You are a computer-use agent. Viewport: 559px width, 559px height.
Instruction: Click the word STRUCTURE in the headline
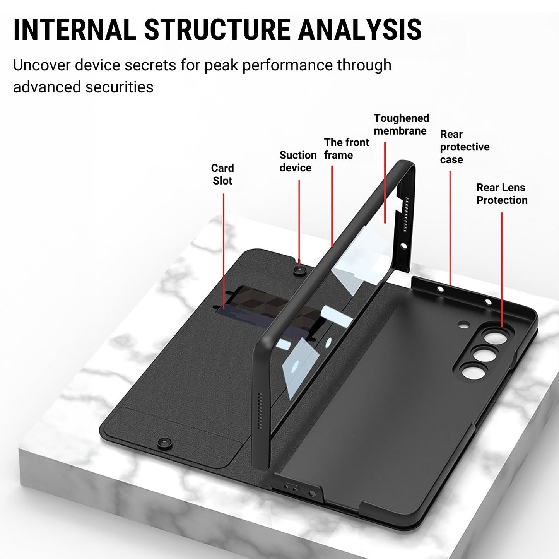click(217, 29)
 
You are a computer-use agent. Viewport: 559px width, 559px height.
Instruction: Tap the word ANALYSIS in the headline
click(359, 29)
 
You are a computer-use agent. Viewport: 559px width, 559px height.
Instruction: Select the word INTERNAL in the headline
click(74, 29)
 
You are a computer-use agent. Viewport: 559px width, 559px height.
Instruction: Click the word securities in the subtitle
click(119, 87)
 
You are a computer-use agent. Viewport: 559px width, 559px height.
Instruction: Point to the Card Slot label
click(222, 174)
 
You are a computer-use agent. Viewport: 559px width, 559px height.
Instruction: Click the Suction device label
click(298, 162)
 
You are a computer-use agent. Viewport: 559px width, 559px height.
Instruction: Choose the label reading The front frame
click(346, 149)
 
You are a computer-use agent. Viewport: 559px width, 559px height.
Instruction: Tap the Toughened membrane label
click(401, 125)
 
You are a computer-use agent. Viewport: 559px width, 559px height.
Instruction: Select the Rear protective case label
click(464, 147)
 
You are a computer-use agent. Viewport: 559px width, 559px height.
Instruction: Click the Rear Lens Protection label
click(502, 194)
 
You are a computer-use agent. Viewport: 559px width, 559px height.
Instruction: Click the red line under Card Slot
click(224, 251)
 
